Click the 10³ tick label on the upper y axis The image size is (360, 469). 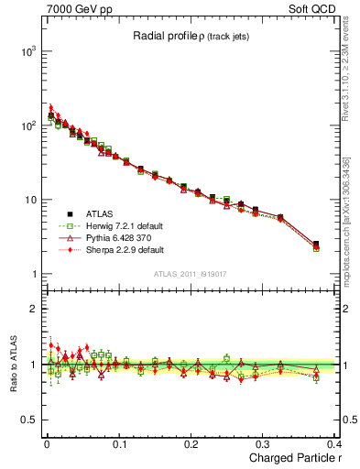[x=27, y=51]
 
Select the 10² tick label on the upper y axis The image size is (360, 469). [x=27, y=125]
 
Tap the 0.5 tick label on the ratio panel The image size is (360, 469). [x=28, y=420]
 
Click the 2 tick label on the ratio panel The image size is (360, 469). [x=34, y=309]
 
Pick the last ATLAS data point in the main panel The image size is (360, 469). [x=316, y=245]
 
